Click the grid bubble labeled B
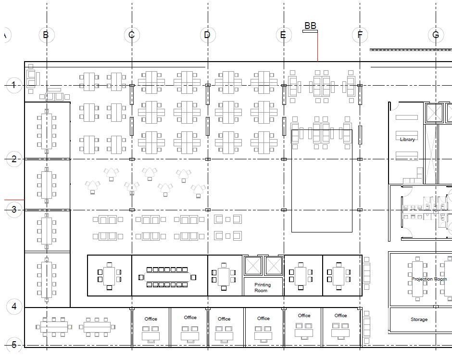47,35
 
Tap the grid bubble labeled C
132,35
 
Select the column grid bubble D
208,35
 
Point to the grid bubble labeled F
360,35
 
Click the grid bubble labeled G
436,35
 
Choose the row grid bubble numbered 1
14,85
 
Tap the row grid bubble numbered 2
14,159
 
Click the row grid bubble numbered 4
14,307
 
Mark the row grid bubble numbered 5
14,345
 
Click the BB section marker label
310,26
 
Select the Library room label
407,139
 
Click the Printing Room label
263,288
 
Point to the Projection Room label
429,279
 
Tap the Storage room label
419,319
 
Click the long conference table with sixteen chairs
167,277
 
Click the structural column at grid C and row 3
132,210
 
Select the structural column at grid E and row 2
284,159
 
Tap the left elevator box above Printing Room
253,265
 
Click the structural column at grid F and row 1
360,86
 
